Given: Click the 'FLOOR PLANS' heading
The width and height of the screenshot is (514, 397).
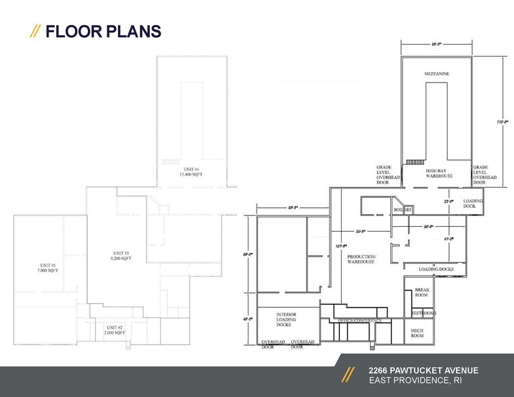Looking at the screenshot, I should point(103,31).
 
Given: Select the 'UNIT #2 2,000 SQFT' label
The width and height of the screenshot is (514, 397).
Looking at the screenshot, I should point(115,329).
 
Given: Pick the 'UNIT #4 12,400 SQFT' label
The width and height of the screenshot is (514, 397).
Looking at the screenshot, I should point(191,171).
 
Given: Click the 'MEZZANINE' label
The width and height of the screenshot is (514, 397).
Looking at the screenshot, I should point(437,73).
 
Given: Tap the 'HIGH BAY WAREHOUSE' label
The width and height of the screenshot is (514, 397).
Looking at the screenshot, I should point(438,174).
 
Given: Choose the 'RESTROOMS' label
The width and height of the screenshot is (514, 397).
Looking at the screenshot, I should point(424,313).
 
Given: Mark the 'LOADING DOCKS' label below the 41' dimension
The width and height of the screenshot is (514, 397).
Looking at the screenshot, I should point(436,270).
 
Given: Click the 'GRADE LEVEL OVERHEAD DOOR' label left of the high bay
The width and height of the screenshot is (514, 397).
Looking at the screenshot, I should point(386,175).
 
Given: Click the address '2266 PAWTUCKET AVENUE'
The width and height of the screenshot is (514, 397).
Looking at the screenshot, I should point(423,370).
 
